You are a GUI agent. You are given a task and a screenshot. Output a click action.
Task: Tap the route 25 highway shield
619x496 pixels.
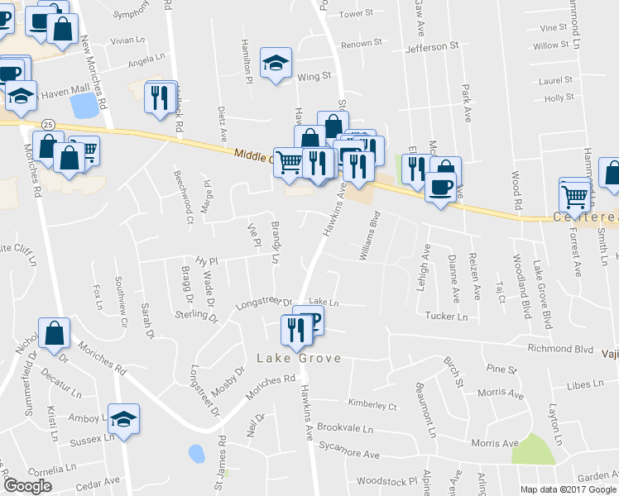click(49, 124)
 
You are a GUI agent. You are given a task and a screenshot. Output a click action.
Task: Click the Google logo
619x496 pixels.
click(27, 486)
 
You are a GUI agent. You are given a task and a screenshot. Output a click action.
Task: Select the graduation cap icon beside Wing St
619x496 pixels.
click(276, 64)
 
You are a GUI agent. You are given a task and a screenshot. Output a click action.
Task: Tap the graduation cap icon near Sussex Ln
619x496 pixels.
click(123, 419)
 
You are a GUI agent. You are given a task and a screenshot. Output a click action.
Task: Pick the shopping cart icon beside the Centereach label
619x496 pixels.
click(574, 196)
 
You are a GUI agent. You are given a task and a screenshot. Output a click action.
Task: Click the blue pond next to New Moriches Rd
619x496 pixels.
click(83, 106)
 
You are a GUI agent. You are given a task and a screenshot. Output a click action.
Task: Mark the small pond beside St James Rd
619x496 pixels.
click(196, 454)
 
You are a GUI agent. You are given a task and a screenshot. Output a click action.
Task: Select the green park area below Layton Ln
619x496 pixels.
click(532, 449)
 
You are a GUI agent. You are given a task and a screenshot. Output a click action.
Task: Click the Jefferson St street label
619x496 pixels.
click(431, 48)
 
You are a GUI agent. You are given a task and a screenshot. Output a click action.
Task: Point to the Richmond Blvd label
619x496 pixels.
click(562, 349)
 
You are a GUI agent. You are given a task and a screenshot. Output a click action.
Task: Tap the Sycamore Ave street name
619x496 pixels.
click(349, 455)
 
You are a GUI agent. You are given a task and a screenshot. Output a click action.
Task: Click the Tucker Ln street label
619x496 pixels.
click(446, 316)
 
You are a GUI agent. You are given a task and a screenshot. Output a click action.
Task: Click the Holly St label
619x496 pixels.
click(559, 98)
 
